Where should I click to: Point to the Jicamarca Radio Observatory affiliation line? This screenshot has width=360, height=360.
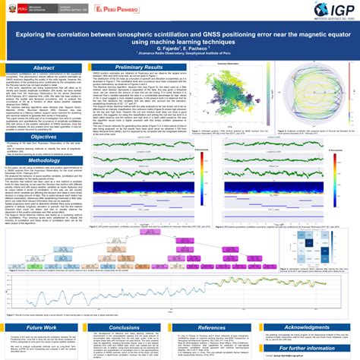(180, 59)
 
